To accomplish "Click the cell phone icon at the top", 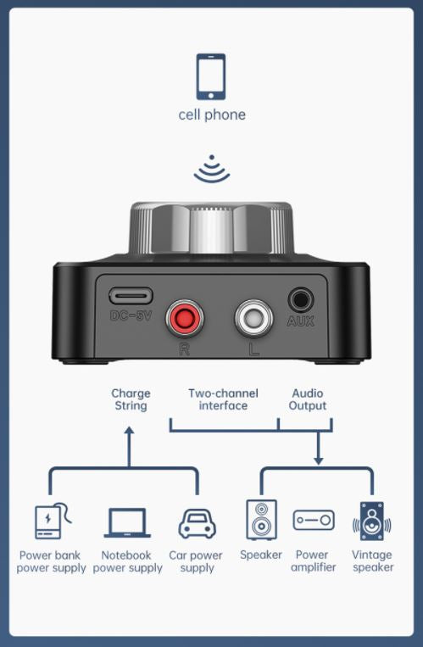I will [211, 77].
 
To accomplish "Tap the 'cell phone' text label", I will [211, 114].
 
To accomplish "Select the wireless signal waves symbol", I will [211, 170].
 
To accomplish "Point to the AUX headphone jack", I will [300, 299].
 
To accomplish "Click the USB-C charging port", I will [131, 297].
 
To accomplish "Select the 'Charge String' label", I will [131, 399].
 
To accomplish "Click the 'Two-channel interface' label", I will [223, 399].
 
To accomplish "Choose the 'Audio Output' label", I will [308, 399].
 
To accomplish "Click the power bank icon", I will [49, 522].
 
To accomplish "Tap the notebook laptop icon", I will [127, 522].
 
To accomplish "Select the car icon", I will [197, 523].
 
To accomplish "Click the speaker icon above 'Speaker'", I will [261, 520].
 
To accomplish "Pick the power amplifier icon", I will [314, 521].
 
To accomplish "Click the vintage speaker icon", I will [371, 521].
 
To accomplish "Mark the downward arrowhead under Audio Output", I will [319, 460].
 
